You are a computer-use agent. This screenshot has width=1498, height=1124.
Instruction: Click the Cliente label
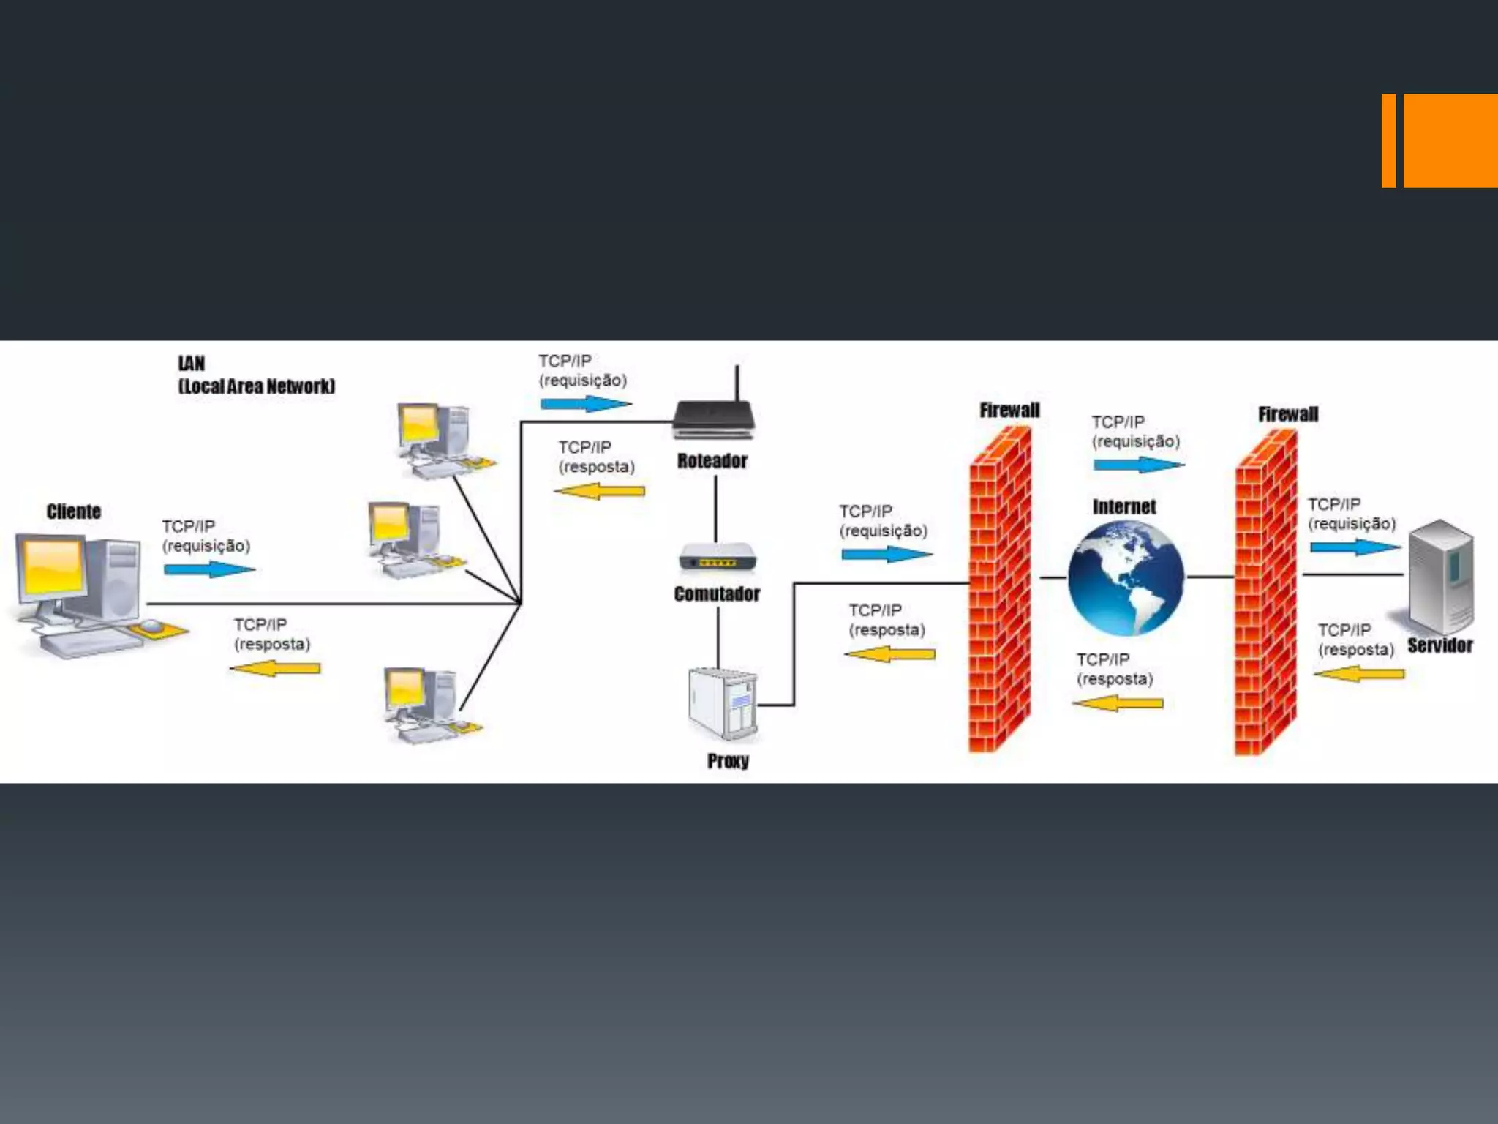(x=74, y=512)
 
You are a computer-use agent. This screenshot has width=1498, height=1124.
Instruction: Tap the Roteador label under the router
(x=712, y=461)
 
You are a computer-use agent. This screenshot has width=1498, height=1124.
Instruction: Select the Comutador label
(x=717, y=593)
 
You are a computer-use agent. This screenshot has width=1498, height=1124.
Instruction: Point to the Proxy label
(x=728, y=761)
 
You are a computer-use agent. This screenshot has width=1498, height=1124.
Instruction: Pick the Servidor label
(x=1439, y=645)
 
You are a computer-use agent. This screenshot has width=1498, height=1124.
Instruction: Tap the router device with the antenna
(x=713, y=419)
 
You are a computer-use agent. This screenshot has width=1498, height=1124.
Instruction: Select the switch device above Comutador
(x=717, y=558)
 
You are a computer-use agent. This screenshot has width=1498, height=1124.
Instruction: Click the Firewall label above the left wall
(x=1009, y=411)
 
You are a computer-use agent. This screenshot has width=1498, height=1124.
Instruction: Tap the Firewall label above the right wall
(x=1287, y=414)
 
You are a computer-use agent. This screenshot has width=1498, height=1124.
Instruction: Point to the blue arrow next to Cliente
(x=209, y=569)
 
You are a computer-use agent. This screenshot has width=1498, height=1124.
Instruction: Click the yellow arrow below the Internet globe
(x=1118, y=703)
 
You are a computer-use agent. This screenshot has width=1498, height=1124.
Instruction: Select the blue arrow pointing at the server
(x=1355, y=547)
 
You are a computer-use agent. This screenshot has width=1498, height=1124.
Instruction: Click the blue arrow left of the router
(x=585, y=403)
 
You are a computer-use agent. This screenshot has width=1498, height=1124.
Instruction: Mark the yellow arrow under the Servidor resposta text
(x=1359, y=673)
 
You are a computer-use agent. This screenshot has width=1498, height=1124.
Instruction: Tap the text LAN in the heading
(x=192, y=364)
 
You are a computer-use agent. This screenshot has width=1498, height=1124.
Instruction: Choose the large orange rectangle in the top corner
(x=1450, y=140)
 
